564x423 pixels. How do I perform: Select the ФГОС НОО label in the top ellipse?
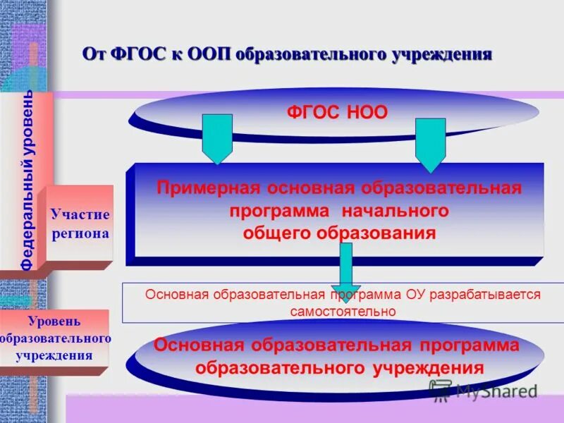[x=336, y=113]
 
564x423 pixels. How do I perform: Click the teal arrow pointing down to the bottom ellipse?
[x=345, y=264]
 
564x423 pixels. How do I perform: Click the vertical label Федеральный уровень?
[x=27, y=180]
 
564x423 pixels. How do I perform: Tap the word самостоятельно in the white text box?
[x=343, y=310]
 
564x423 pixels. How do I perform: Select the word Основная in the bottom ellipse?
[x=200, y=345]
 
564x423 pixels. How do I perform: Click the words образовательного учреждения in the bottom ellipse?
[x=339, y=368]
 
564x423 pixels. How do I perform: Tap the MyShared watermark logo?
[x=483, y=390]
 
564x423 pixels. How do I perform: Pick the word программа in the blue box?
[x=279, y=211]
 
